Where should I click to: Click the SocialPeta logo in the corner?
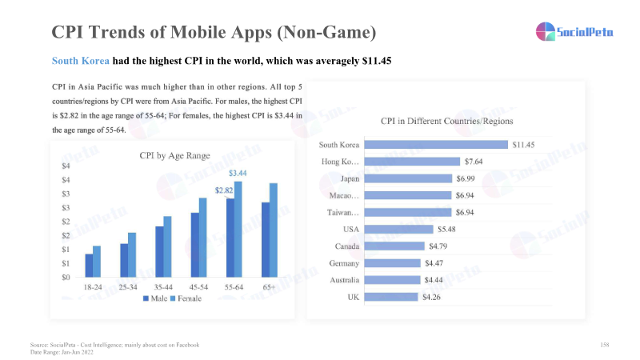click(x=569, y=31)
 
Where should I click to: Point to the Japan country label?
click(x=350, y=178)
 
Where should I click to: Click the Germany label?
click(x=345, y=263)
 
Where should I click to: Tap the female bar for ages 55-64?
click(x=238, y=229)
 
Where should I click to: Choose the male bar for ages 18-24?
click(x=89, y=266)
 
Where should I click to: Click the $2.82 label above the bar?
click(x=224, y=190)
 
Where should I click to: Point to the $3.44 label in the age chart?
click(x=238, y=173)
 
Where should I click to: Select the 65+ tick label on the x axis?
click(x=270, y=286)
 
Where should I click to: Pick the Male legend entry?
click(x=156, y=298)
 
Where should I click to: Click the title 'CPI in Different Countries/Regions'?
click(x=446, y=122)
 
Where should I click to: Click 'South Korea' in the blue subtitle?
click(x=80, y=61)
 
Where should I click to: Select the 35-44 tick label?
click(x=166, y=286)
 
